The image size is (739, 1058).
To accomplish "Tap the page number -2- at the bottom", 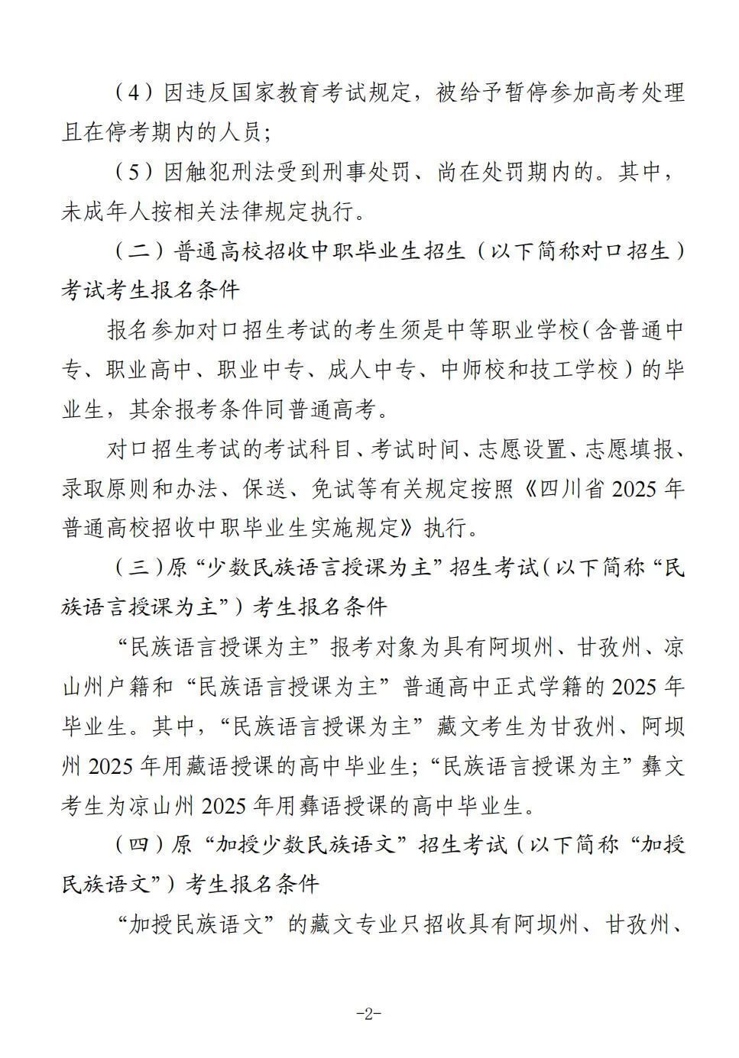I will click(369, 1014).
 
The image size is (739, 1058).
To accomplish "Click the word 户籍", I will click(132, 687).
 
